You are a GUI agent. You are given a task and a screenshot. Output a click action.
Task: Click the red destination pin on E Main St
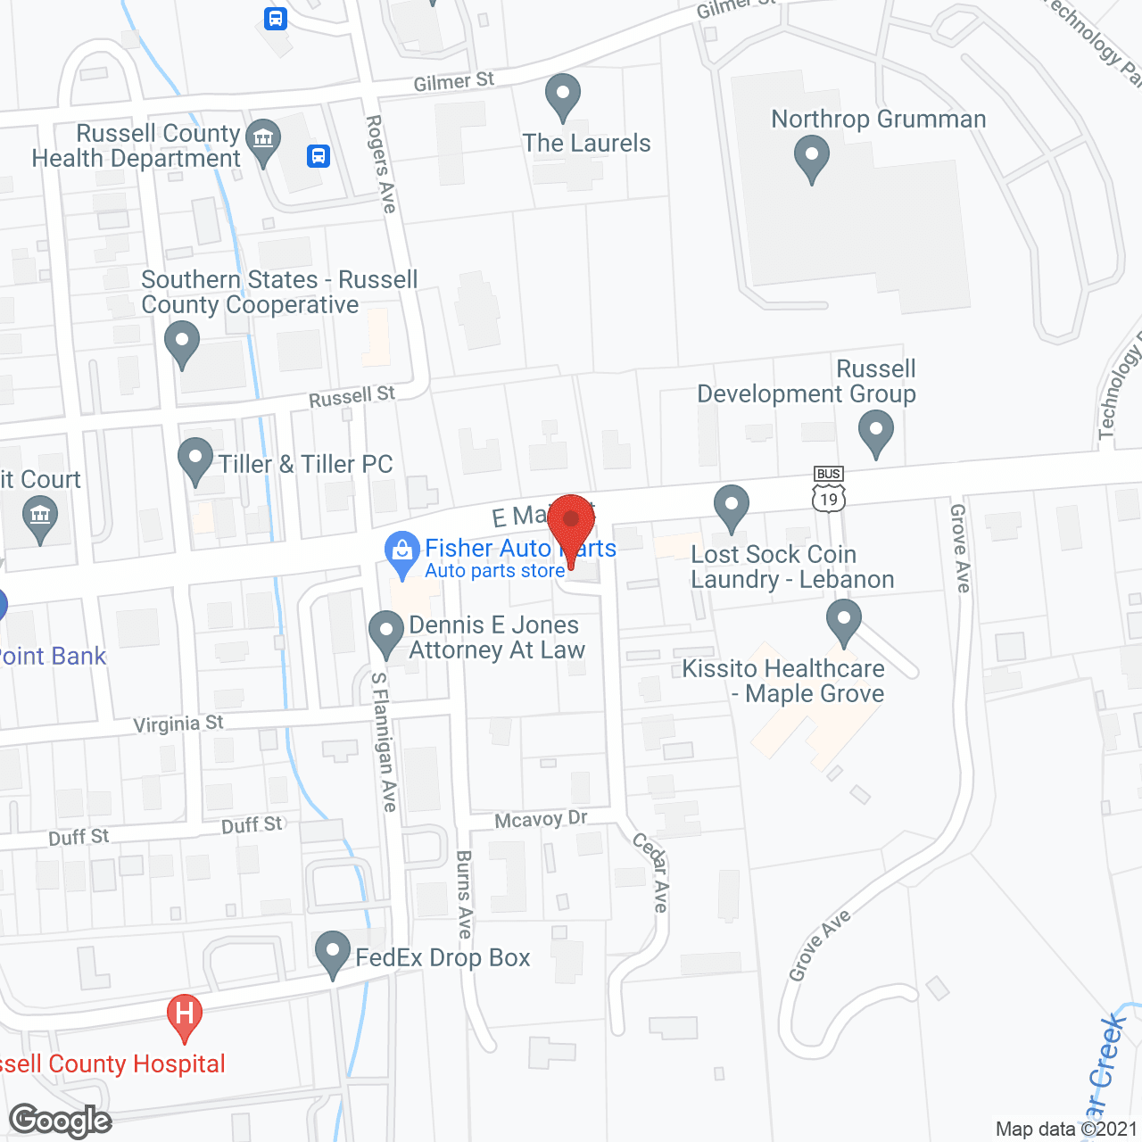(571, 522)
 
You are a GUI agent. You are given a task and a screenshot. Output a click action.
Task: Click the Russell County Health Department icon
(263, 139)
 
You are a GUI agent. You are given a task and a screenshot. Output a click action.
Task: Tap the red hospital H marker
(185, 1015)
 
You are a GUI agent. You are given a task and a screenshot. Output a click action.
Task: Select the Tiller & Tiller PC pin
(195, 459)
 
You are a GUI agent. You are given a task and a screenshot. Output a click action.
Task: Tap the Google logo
(61, 1121)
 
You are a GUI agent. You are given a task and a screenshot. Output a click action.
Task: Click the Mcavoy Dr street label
(541, 819)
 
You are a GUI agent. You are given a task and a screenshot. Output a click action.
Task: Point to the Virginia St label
(178, 724)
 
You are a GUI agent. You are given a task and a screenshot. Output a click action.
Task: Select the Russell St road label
(352, 396)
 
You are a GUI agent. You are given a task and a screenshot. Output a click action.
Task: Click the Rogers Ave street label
(381, 163)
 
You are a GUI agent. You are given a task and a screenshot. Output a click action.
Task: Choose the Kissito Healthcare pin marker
(843, 620)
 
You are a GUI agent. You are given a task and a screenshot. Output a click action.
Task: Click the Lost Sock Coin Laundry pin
(732, 506)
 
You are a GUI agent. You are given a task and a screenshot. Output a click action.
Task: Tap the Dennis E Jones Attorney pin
(386, 631)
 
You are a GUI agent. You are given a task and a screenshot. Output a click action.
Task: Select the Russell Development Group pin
(875, 431)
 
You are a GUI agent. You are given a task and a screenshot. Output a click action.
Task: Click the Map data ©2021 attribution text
(1066, 1129)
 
